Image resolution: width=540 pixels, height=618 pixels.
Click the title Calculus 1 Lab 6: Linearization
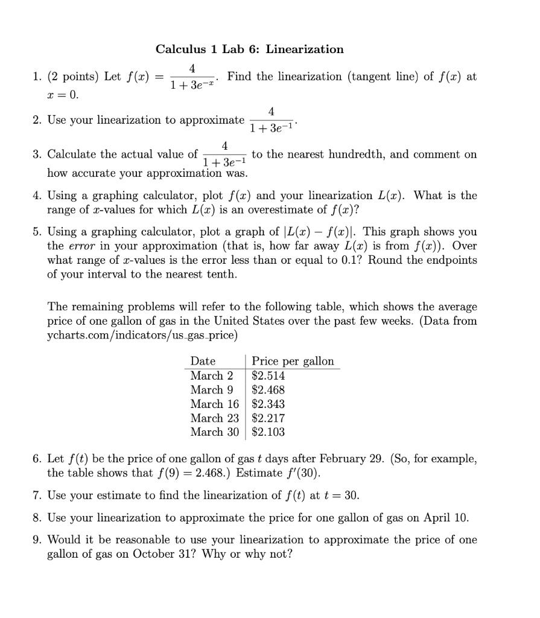(249, 49)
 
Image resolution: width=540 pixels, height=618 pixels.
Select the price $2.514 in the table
(268, 375)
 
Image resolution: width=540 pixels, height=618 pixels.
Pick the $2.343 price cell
(268, 404)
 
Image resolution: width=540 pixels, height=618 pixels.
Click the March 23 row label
(214, 418)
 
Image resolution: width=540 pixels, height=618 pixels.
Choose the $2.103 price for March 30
(268, 432)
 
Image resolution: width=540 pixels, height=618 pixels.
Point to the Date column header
(203, 361)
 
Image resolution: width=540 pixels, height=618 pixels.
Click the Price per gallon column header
(293, 361)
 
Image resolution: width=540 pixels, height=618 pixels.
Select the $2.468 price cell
(268, 390)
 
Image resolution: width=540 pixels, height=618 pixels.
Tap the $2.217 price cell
(268, 418)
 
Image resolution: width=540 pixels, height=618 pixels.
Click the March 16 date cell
(214, 404)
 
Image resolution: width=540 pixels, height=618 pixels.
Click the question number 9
(37, 540)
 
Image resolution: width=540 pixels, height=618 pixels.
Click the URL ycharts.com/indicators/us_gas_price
(142, 335)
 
